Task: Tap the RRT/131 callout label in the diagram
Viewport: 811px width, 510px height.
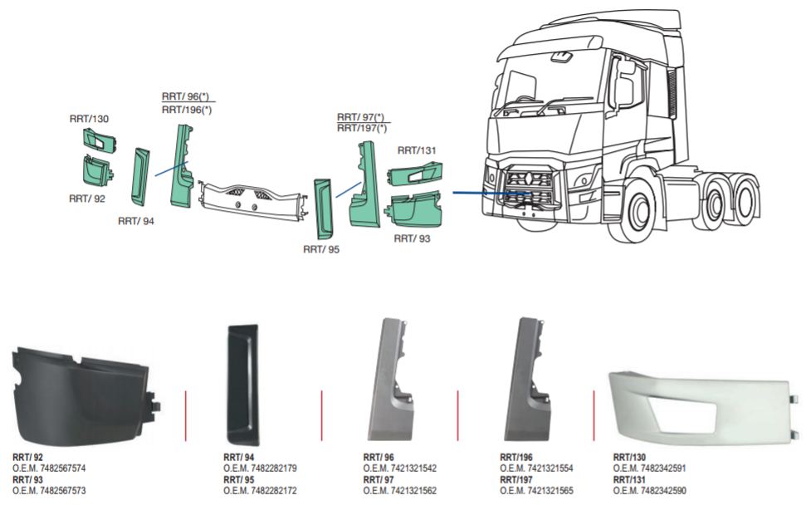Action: tap(417, 150)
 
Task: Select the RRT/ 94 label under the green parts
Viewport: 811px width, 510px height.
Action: tap(136, 221)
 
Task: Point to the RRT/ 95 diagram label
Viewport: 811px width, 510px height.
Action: tap(321, 248)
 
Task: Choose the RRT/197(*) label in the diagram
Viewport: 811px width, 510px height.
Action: tap(362, 128)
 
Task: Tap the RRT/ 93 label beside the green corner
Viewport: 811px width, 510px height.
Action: tap(413, 238)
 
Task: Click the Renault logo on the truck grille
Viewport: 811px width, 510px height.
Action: tap(525, 178)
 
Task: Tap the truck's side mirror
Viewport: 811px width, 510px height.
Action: tap(621, 83)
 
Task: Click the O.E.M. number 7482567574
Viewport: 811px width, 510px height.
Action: tap(49, 468)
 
